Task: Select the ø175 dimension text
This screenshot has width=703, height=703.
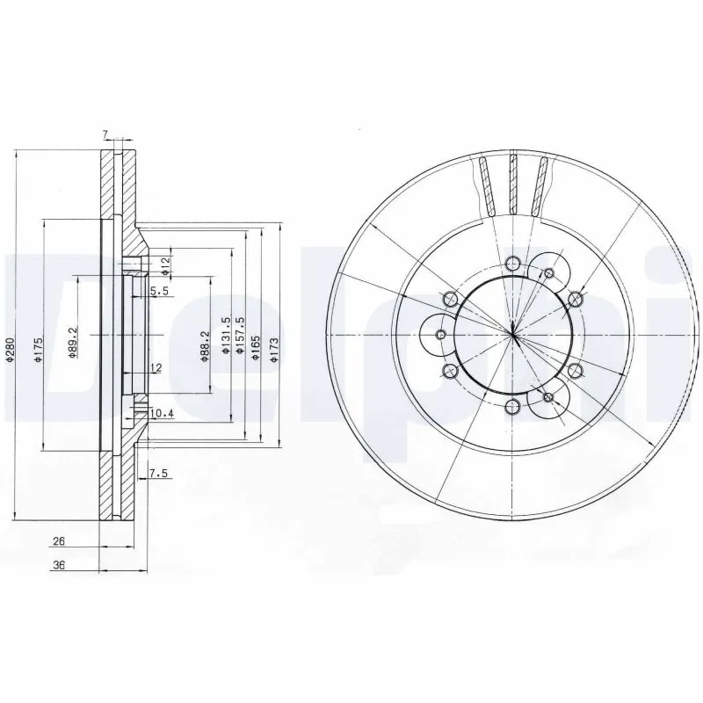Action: pos(38,350)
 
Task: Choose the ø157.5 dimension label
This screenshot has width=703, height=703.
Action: pos(240,335)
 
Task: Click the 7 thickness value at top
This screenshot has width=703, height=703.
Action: pos(105,134)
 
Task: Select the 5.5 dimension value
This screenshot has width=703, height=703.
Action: pos(158,291)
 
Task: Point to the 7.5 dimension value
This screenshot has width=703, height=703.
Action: pos(158,474)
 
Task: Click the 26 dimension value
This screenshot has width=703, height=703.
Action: pos(59,542)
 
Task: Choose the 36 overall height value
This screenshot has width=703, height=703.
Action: pos(59,567)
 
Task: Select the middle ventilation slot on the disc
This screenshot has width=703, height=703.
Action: pos(512,185)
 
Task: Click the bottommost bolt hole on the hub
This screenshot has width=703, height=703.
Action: pos(512,405)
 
